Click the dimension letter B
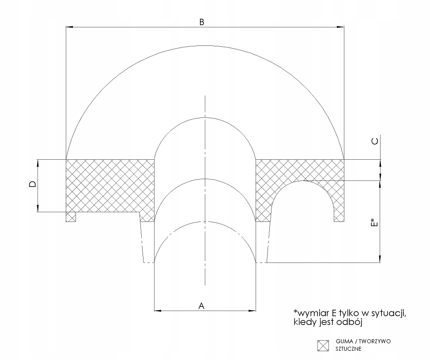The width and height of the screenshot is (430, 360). coord(202,22)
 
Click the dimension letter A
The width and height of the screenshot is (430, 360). coord(202,305)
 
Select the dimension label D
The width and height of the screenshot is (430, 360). coord(32,185)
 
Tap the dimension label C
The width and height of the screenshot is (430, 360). coord(374,141)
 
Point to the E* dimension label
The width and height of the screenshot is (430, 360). coord(374,223)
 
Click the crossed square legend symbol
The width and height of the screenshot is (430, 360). coord(323,345)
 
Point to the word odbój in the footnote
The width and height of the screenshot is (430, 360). coord(350,322)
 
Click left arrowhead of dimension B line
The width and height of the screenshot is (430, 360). coord(69,27)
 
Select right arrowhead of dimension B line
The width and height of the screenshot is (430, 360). coord(341,27)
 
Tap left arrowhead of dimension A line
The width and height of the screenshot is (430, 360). coord(158,311)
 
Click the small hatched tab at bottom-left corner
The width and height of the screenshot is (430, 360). coord(71,217)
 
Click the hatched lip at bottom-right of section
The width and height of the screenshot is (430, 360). coord(339,216)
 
